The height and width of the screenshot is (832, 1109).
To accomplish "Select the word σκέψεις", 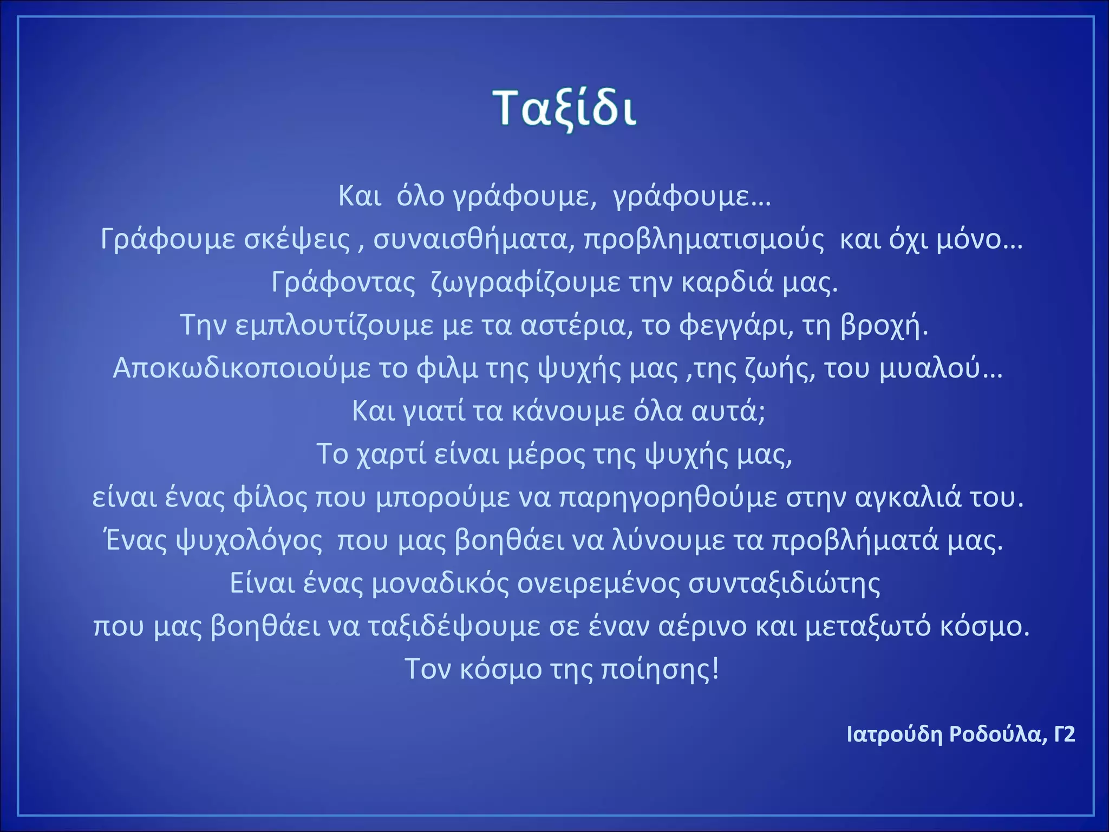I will pos(297,239).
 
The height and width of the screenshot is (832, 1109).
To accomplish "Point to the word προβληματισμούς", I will pos(703,239).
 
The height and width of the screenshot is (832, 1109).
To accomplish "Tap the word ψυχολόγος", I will pos(214,541).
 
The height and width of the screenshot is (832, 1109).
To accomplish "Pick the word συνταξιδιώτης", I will pos(784,583).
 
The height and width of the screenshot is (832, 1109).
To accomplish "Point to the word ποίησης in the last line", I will pos(660,669).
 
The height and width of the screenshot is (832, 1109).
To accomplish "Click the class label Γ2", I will pos(1064,734).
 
